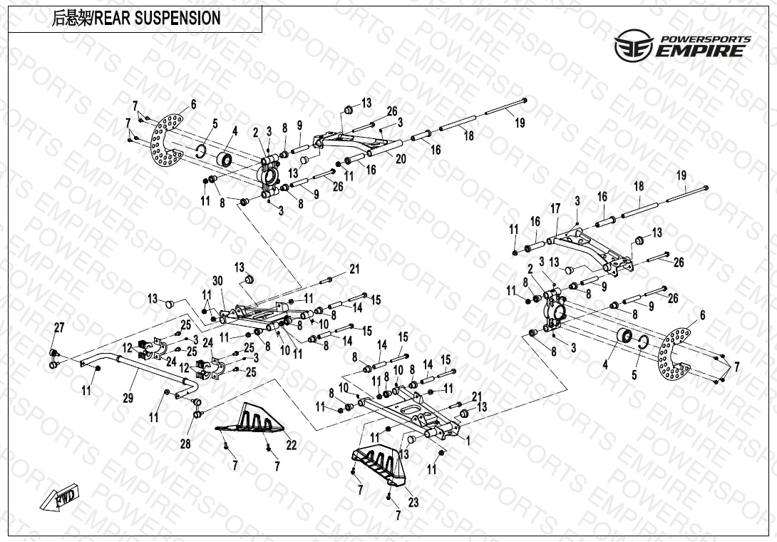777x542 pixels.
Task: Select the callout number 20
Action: click(x=401, y=159)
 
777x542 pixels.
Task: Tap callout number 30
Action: click(x=217, y=280)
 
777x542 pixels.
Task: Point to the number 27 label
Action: click(x=59, y=327)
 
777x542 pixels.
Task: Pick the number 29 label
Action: click(x=128, y=397)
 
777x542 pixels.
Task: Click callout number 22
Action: click(x=292, y=446)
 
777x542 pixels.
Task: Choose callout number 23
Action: click(x=413, y=502)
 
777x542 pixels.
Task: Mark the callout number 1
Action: click(x=468, y=441)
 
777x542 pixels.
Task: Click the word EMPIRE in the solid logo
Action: click(x=703, y=51)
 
